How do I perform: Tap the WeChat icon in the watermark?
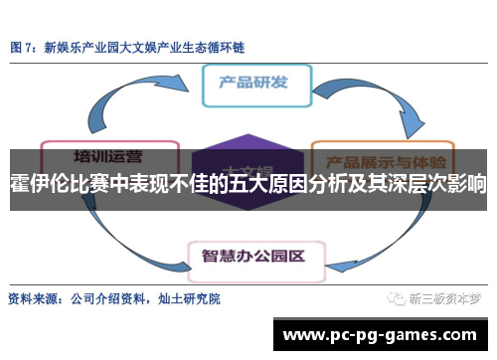(x=397, y=297)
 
